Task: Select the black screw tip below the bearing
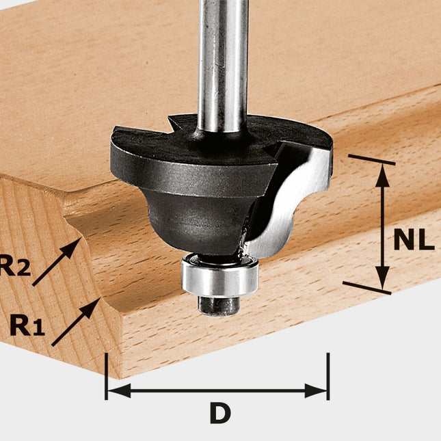point(218,305)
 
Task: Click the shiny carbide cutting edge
point(287,205)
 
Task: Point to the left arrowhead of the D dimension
point(116,391)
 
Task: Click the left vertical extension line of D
point(106,376)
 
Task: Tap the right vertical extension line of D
point(328,376)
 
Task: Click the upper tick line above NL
point(372,160)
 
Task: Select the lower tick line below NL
point(366,288)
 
